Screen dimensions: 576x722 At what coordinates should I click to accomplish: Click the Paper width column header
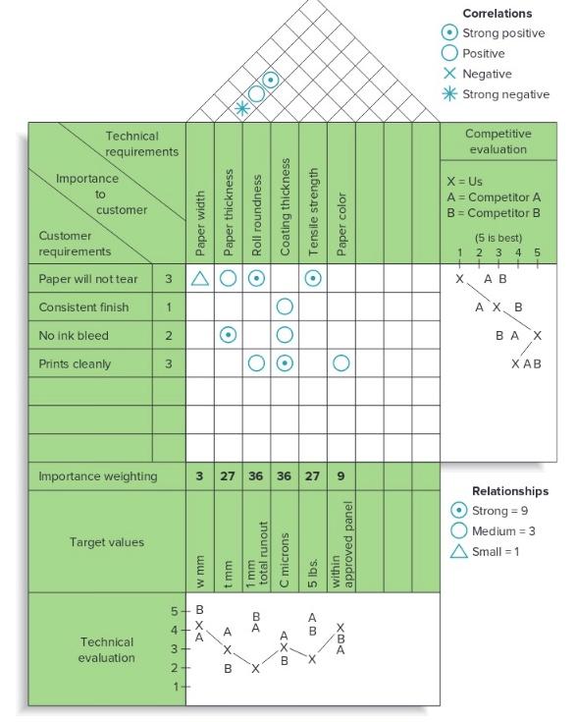coord(200,224)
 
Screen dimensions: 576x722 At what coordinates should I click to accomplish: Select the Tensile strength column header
coord(314,211)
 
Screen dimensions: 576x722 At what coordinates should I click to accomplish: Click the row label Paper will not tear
coord(88,279)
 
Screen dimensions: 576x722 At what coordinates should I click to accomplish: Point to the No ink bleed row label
coord(74,335)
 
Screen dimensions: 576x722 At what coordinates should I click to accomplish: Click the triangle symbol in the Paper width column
coord(200,279)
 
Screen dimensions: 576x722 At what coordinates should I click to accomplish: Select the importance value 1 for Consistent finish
coord(169,307)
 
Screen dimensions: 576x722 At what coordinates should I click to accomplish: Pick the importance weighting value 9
coord(341,476)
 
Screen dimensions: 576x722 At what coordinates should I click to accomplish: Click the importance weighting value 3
coord(200,476)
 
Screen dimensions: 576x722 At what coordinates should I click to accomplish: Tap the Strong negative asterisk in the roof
coord(242,108)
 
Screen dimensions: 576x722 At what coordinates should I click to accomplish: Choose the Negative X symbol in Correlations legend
coord(449,74)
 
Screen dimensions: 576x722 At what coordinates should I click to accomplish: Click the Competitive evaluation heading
coord(497,141)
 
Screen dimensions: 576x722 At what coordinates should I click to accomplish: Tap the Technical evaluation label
coord(107,649)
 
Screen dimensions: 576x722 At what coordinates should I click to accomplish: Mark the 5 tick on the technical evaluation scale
coord(176,610)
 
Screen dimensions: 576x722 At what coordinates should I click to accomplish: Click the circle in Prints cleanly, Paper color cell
coord(341,363)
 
